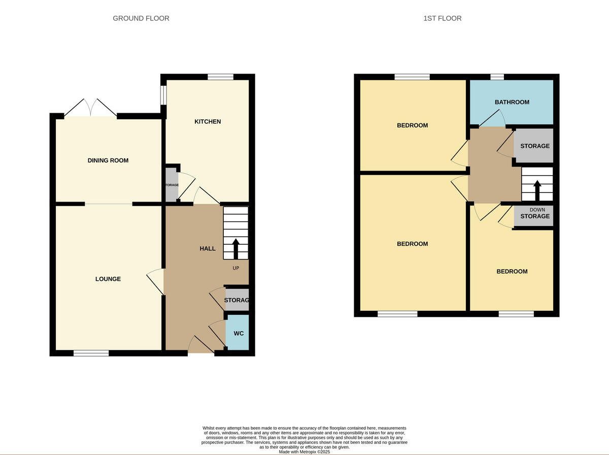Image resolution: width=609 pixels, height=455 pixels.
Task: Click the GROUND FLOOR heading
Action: point(141,18)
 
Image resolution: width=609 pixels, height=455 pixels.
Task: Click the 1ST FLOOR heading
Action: point(442,18)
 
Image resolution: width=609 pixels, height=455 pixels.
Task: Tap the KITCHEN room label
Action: point(208,121)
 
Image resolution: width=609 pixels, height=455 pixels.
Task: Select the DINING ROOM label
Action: point(108,160)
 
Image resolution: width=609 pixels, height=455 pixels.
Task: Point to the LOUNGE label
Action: point(108,279)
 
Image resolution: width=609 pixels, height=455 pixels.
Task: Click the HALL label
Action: point(207,248)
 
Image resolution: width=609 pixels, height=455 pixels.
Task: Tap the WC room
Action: point(238,333)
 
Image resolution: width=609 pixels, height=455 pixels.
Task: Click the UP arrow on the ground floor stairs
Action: point(235,249)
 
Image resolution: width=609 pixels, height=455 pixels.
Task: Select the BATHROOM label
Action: point(512,102)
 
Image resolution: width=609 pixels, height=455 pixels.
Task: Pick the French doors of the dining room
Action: point(90,108)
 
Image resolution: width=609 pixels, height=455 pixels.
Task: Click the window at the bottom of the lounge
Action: point(91,353)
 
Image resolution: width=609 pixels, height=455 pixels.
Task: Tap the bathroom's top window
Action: point(497,77)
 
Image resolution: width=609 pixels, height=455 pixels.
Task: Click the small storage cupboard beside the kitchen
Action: point(172,185)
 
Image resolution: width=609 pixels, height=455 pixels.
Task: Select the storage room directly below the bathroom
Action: point(534,146)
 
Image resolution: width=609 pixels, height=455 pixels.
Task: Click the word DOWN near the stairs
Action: point(537,210)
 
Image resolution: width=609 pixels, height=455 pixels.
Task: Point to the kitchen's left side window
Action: point(163,94)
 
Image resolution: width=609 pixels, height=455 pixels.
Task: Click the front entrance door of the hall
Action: point(201,348)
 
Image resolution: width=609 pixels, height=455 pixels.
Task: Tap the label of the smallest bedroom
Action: point(512,271)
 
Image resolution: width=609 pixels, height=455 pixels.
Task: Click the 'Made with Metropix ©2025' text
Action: point(304,451)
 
